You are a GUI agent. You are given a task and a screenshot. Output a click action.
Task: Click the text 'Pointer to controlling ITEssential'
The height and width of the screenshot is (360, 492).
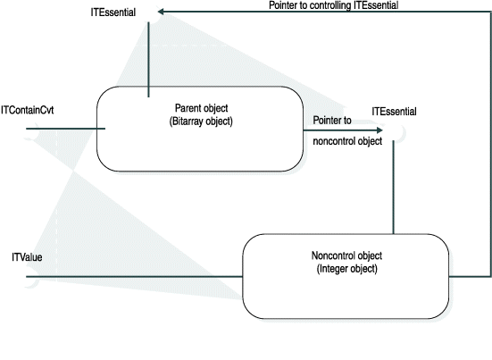click(x=333, y=5)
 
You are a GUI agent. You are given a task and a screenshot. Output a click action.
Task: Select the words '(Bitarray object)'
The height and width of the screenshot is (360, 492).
click(x=200, y=121)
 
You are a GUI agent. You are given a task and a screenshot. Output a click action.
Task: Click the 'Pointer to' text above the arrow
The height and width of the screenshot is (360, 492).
click(x=331, y=118)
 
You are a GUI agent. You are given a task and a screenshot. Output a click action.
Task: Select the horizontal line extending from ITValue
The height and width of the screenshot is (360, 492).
click(x=134, y=277)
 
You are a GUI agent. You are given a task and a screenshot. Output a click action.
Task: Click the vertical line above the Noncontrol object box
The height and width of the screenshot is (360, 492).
click(x=393, y=188)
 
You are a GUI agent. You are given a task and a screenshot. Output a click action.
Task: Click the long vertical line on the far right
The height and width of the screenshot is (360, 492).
click(x=490, y=143)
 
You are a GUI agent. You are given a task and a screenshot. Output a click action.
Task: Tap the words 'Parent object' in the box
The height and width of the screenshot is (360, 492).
click(x=200, y=107)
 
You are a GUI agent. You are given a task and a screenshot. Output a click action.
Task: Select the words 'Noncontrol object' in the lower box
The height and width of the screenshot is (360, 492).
click(x=346, y=255)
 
